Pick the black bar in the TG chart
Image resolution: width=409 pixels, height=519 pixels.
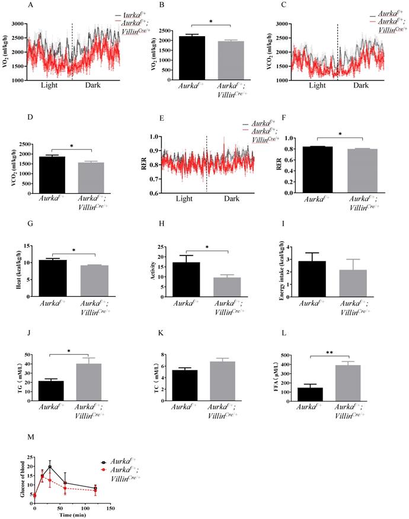(50, 391)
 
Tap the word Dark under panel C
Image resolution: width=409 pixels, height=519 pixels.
(361, 86)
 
